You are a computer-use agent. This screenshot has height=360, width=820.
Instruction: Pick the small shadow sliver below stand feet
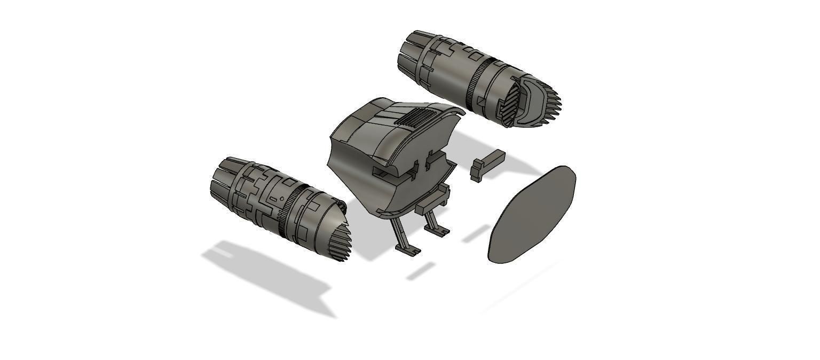point(421,271)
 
